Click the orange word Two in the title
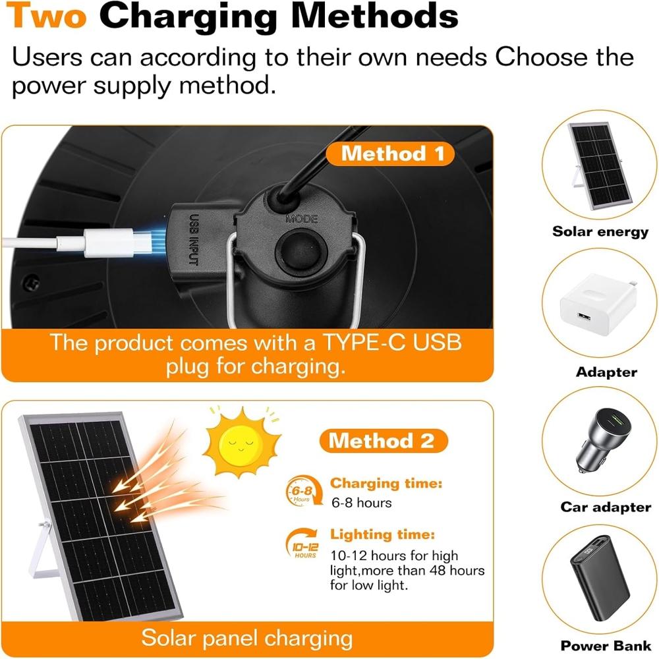(x=46, y=15)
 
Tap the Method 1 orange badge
(x=390, y=154)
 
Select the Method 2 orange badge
(x=384, y=441)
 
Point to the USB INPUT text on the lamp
(x=193, y=239)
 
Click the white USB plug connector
(x=110, y=243)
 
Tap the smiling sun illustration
(x=241, y=442)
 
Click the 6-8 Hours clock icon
(x=303, y=491)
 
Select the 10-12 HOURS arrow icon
(x=304, y=544)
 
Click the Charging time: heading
(x=386, y=483)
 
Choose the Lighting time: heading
(x=382, y=534)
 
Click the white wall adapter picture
(x=598, y=304)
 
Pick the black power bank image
(x=600, y=579)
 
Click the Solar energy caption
(x=600, y=231)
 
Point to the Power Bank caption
(x=606, y=646)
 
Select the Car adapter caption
(x=606, y=507)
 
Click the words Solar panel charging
(x=246, y=638)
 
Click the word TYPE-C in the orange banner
(x=364, y=343)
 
